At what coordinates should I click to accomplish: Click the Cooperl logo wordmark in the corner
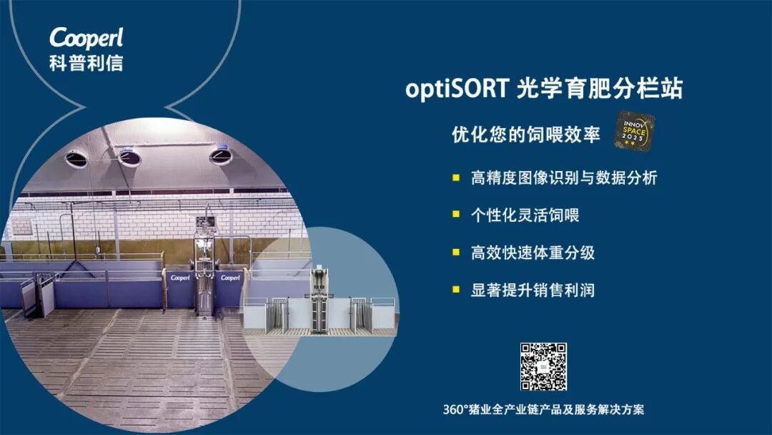tap(86, 38)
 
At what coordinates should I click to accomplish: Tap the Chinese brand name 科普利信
tap(86, 62)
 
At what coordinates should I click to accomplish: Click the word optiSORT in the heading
tap(457, 89)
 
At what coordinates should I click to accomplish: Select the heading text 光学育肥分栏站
tap(600, 88)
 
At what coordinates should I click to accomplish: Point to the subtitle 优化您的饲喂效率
tap(526, 134)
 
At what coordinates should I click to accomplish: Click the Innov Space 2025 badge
tap(634, 130)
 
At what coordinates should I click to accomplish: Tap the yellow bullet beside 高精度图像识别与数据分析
tap(456, 177)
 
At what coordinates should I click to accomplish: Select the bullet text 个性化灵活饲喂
tap(525, 215)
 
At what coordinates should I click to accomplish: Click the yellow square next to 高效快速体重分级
tap(456, 253)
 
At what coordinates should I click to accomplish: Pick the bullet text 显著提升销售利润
tap(533, 290)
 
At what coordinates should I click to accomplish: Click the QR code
tap(543, 366)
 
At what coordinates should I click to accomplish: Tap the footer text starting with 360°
tap(543, 409)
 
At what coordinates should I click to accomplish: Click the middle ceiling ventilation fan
tap(129, 157)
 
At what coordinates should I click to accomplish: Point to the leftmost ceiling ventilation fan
tap(76, 159)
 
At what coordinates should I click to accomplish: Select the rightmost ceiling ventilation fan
tap(220, 156)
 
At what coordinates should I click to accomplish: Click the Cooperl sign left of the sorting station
tap(180, 278)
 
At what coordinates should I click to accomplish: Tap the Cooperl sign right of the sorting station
tap(230, 278)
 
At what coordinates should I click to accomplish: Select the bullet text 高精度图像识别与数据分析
tap(564, 178)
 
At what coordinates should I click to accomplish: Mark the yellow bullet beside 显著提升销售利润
tap(456, 290)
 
